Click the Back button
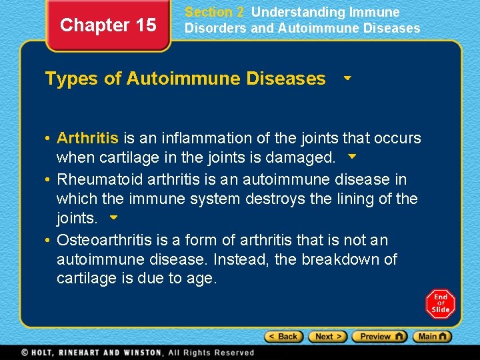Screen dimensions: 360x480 [283, 337]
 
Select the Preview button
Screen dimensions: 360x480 [379, 337]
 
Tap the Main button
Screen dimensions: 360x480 [431, 337]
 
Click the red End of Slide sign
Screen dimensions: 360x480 [440, 303]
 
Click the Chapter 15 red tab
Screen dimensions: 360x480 [108, 25]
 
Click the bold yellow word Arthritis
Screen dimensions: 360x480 [87, 138]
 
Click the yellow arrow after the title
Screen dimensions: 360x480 [347, 78]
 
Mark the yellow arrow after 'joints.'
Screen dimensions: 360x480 [113, 217]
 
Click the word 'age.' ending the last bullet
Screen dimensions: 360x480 [202, 279]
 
